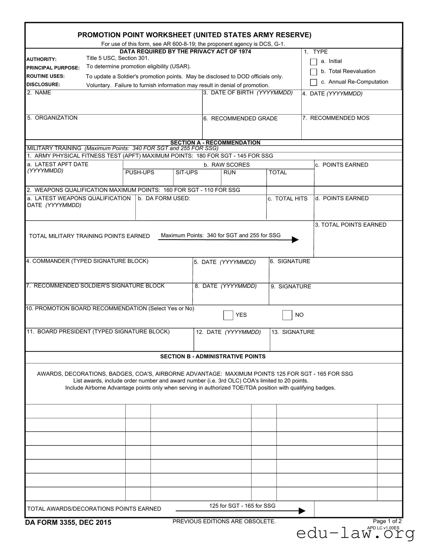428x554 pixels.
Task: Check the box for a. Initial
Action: tap(313, 62)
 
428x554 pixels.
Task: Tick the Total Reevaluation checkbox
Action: tap(313, 72)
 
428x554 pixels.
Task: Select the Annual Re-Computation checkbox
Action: tap(313, 82)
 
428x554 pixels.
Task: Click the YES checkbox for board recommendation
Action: tap(228, 315)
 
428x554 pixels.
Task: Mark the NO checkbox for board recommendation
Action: tap(287, 315)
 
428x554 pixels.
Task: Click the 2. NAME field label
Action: tap(39, 93)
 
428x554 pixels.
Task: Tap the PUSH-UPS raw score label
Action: tap(140, 172)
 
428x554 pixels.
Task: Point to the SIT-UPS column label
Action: tap(186, 172)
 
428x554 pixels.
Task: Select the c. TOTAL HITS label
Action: tap(287, 199)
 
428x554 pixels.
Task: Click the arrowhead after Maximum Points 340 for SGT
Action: tap(295, 240)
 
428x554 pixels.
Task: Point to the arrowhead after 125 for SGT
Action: tap(302, 511)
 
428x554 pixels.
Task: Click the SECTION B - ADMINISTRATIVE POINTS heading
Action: tap(213, 357)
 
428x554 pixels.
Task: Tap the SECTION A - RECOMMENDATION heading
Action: tap(215, 142)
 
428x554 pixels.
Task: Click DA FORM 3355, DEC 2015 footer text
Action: tap(68, 523)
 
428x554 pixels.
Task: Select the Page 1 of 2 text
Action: tap(387, 521)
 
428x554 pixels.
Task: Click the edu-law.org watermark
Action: tap(355, 534)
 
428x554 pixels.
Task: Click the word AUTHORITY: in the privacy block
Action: tap(41, 59)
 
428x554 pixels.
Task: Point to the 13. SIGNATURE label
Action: tap(293, 332)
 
